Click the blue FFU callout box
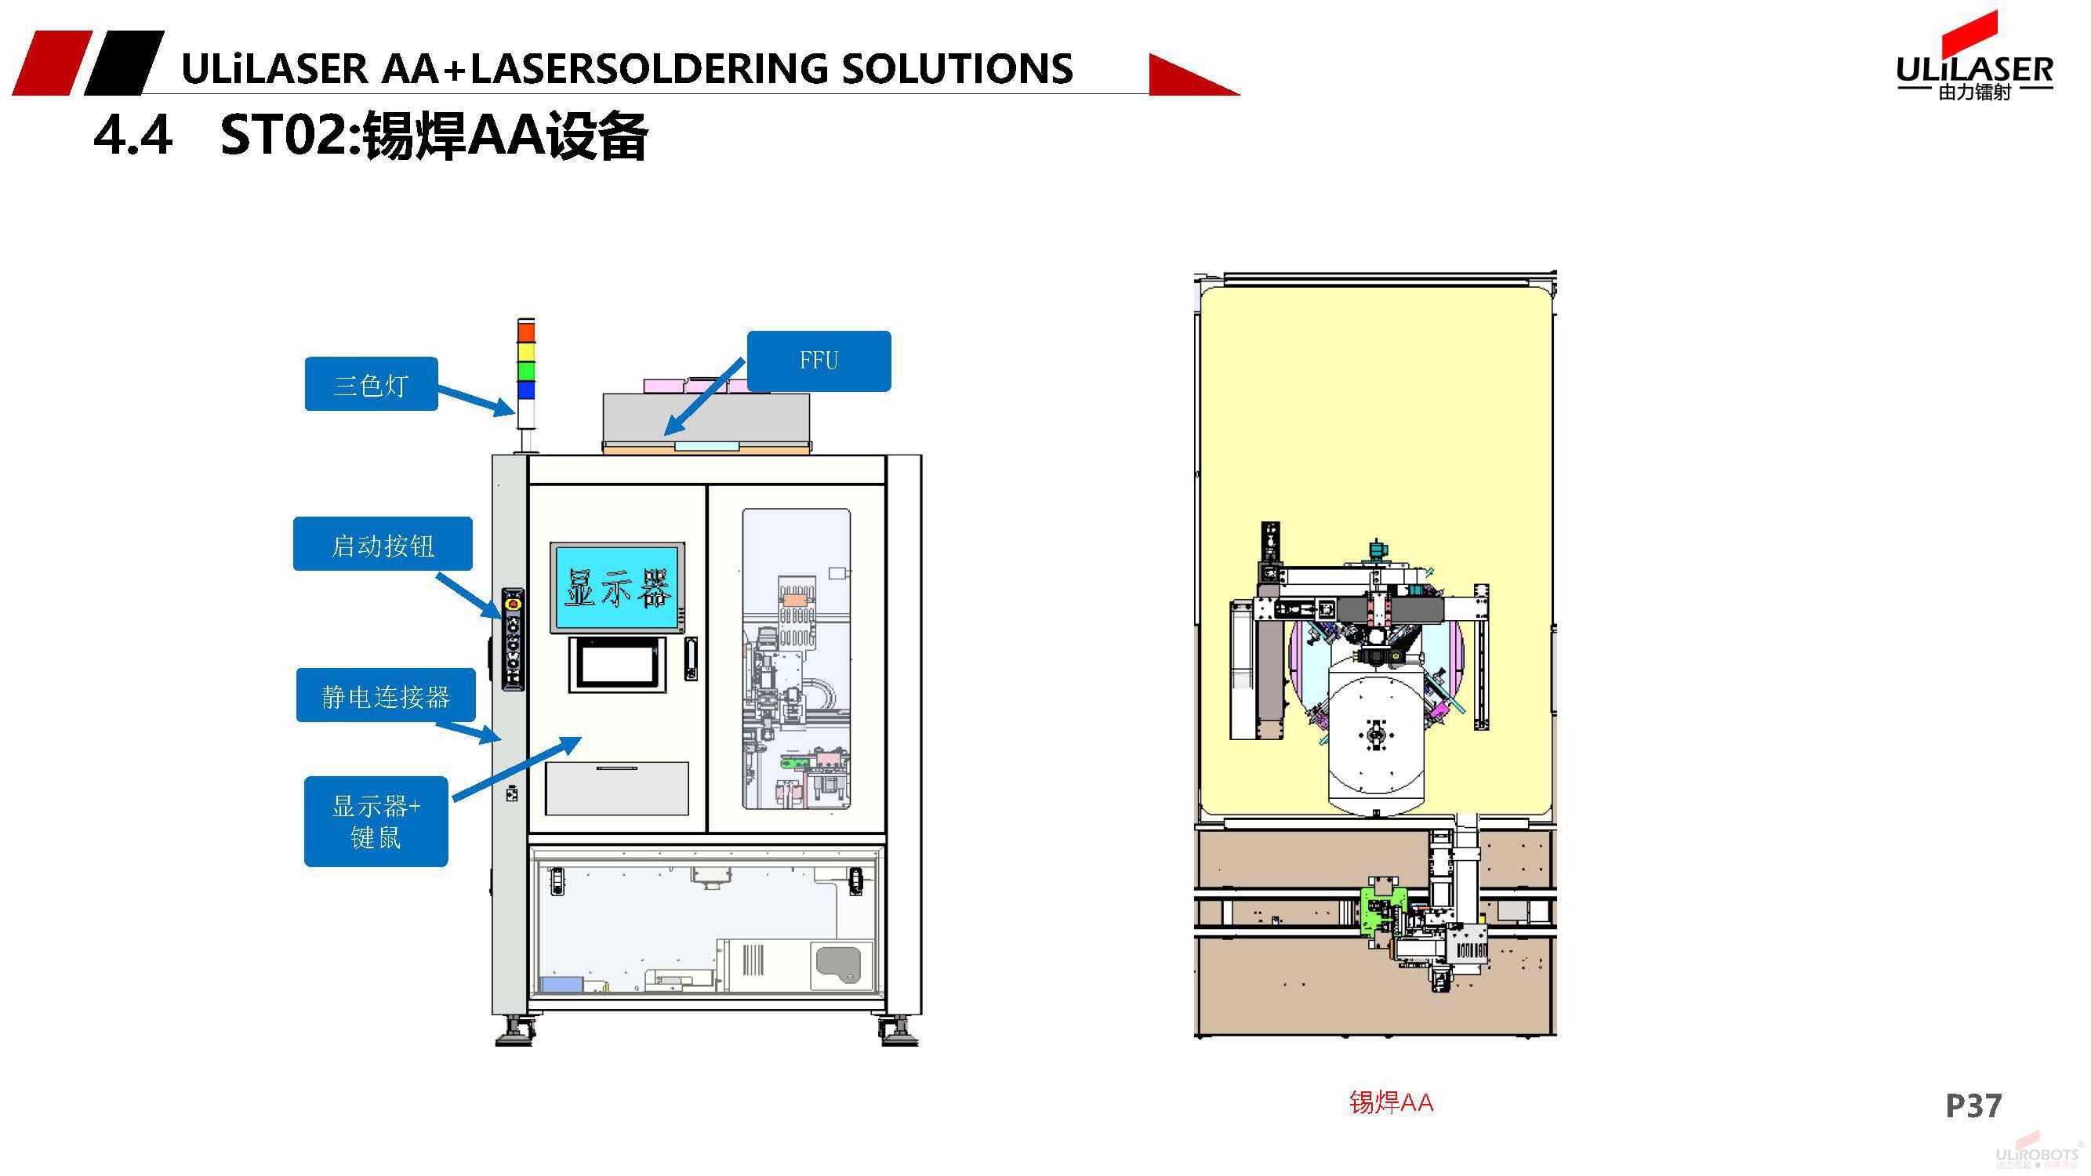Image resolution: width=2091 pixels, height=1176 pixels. point(819,361)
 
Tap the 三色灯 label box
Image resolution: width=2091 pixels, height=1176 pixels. point(371,384)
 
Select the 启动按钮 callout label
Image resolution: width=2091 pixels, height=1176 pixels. point(383,545)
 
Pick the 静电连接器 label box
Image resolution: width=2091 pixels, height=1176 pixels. point(386,695)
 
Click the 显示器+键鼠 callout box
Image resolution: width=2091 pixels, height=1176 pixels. point(376,822)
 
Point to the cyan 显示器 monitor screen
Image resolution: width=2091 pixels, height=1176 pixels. point(617,587)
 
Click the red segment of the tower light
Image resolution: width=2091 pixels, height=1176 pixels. point(526,331)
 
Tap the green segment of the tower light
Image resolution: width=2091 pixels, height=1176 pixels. point(526,371)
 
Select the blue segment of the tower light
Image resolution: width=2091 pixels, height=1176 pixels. point(526,390)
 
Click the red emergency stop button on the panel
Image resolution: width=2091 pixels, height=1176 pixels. point(513,604)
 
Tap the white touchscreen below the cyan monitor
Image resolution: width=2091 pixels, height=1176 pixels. point(618,664)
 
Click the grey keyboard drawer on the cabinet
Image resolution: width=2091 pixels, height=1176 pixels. point(617,788)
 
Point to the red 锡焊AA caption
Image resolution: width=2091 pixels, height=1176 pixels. point(1392,1102)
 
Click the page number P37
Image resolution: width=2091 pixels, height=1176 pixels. point(1973,1105)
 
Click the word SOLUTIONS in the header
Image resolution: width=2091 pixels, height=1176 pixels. point(957,69)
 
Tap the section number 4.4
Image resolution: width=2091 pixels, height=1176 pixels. point(133,135)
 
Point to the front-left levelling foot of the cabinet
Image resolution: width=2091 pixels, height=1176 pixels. point(514,1034)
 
